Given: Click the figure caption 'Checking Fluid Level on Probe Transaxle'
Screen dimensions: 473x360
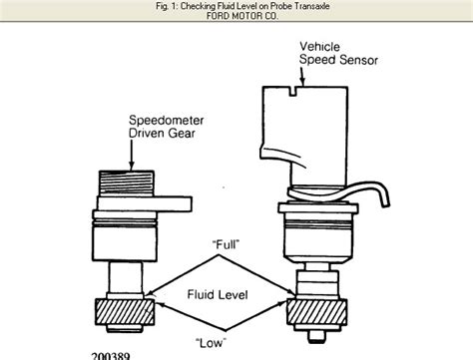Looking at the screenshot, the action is (x=255, y=6).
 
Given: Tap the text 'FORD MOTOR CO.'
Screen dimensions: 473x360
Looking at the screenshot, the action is (x=242, y=16).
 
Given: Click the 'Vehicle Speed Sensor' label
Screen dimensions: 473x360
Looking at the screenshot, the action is (x=338, y=53).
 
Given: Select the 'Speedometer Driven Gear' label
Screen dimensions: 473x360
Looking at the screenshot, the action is (x=166, y=127).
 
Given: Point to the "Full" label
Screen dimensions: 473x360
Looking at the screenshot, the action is (x=226, y=245).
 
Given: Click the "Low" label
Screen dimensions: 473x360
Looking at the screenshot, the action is (x=211, y=342).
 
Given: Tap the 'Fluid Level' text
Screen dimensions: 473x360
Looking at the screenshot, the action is (x=218, y=294).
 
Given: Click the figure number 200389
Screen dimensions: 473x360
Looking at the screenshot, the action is (x=111, y=356).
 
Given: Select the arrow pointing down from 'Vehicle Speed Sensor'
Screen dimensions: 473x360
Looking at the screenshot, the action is (x=302, y=77).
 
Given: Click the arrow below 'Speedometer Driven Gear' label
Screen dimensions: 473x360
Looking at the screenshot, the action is (x=132, y=155).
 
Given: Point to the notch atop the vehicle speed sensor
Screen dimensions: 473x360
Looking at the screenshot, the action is (x=292, y=91).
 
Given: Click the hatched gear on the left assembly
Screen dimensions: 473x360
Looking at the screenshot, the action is (x=125, y=311).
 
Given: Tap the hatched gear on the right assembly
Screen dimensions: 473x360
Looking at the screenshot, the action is (x=317, y=312).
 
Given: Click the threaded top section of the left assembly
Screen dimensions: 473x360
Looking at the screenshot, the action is (x=127, y=183).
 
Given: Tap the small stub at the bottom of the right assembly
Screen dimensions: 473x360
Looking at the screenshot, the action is (x=316, y=335).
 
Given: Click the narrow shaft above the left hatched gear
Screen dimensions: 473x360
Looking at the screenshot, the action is (x=125, y=277).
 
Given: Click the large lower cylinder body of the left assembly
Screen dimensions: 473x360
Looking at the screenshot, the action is (x=125, y=243).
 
